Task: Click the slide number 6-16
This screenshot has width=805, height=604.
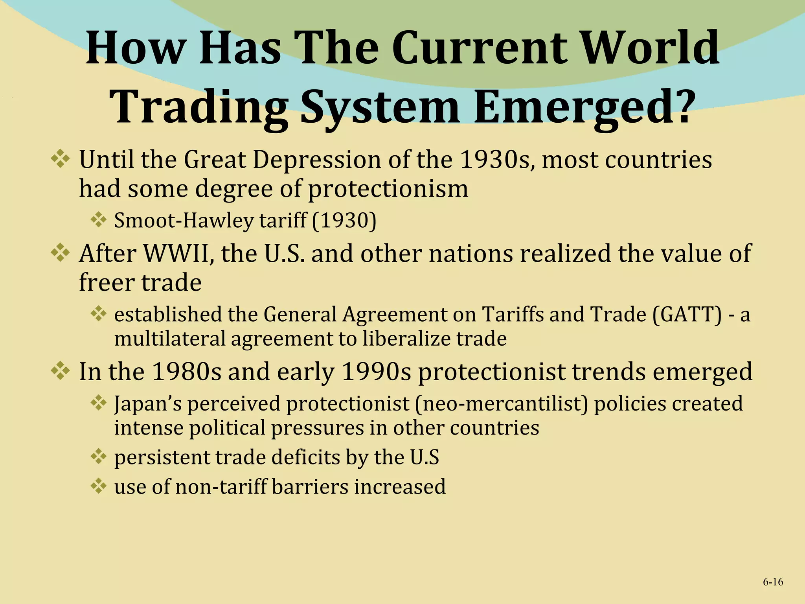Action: click(773, 582)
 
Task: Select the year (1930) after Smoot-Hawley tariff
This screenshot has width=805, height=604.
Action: click(344, 220)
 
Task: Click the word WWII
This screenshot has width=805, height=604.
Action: click(176, 254)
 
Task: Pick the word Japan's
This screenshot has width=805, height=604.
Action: click(148, 404)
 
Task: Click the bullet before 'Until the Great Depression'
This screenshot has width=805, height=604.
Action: click(60, 160)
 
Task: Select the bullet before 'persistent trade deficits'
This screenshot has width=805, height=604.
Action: click(98, 457)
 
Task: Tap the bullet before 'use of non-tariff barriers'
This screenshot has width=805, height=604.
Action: click(98, 486)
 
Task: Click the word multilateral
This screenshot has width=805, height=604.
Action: click(169, 339)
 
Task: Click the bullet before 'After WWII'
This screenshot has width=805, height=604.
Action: click(60, 253)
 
